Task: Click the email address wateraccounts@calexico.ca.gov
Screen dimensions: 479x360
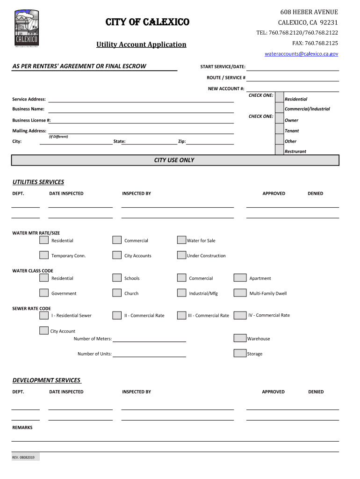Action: (x=301, y=54)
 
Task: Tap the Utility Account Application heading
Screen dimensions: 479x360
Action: (x=141, y=44)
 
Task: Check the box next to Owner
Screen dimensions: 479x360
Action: (x=280, y=120)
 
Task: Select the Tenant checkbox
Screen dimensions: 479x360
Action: (x=280, y=131)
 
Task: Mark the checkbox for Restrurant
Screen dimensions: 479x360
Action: (x=280, y=150)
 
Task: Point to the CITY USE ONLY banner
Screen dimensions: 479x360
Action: (x=175, y=160)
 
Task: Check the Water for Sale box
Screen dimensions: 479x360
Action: (x=181, y=240)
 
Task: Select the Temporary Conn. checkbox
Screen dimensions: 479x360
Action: (x=44, y=255)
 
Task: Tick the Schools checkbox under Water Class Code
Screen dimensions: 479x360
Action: (x=117, y=278)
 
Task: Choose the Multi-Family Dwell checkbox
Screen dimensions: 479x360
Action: (x=240, y=293)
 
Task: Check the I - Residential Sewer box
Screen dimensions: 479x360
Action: (x=44, y=315)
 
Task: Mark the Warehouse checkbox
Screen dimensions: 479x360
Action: (x=240, y=338)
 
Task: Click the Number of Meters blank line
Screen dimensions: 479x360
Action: (x=149, y=339)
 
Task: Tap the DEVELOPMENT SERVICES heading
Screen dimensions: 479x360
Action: (x=46, y=380)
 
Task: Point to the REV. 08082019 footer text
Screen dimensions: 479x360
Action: (x=26, y=457)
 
